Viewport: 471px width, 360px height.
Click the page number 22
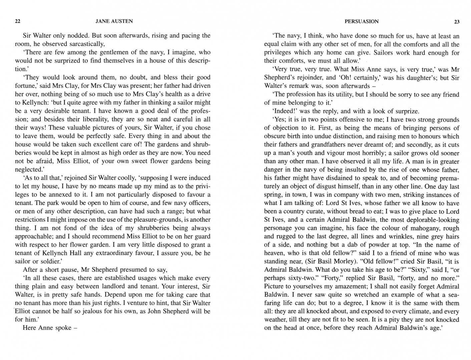click(18, 21)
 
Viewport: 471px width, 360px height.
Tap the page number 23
click(457, 22)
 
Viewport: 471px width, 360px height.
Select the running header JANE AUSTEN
click(114, 21)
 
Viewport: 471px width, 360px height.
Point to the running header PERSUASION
click(362, 22)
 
